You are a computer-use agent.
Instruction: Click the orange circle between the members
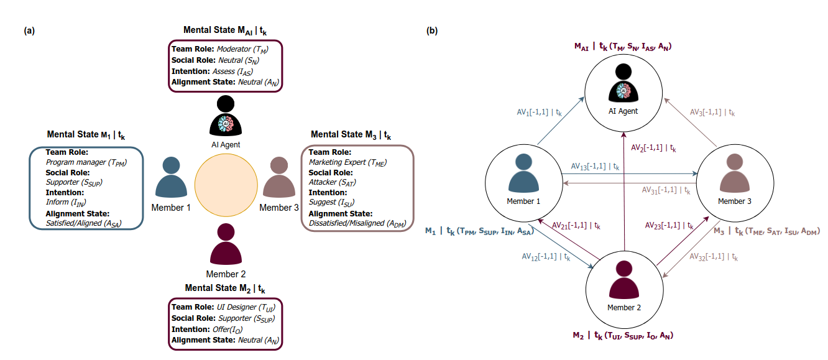click(x=226, y=185)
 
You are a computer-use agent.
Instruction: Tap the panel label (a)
click(x=29, y=30)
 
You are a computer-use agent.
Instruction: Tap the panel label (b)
click(x=432, y=30)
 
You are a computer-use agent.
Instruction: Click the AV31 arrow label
click(x=666, y=190)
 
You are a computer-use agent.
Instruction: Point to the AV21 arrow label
click(x=576, y=226)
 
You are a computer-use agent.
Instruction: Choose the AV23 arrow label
click(x=669, y=226)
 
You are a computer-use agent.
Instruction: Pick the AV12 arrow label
click(x=546, y=257)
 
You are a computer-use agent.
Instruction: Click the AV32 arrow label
click(x=714, y=257)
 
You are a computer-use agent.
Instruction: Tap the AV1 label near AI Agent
click(x=539, y=113)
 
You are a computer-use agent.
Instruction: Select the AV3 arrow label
click(x=712, y=113)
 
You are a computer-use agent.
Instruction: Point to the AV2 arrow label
click(x=653, y=148)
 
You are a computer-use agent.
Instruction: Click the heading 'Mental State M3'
click(x=351, y=135)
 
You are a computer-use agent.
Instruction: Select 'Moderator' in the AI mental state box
click(x=234, y=48)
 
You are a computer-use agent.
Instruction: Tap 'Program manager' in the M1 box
click(x=76, y=162)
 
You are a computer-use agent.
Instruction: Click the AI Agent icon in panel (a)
click(x=226, y=116)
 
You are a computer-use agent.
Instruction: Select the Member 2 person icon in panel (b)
click(x=624, y=279)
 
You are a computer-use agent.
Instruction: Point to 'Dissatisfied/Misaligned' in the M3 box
click(x=347, y=223)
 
